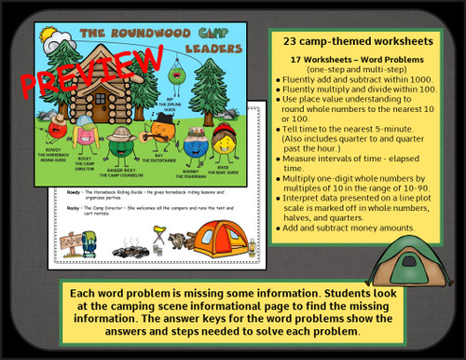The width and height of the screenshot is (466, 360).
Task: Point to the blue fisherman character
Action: pos(195,143)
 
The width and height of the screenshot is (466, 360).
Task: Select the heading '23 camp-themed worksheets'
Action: pos(352,41)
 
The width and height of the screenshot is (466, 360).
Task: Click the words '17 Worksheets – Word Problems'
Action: pos(352,59)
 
